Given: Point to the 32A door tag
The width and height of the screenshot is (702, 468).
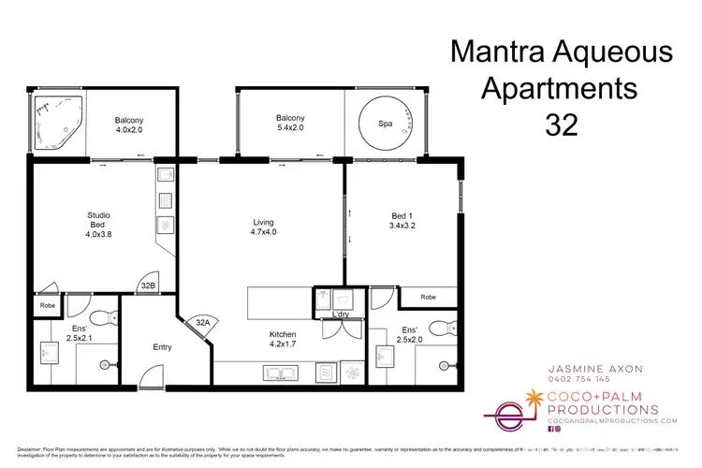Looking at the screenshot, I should coord(203,322).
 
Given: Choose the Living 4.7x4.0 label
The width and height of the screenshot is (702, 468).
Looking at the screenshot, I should coord(264,227).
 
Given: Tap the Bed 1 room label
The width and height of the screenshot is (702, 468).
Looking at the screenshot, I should coord(403,222).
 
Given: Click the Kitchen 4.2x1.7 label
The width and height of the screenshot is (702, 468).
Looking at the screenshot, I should coord(282,340).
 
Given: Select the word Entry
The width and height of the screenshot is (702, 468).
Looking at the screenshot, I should coord(163,347).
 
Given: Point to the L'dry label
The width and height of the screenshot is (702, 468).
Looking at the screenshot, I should coord(341,314).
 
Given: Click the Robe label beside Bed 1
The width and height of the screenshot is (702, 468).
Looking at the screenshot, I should coord(428,297).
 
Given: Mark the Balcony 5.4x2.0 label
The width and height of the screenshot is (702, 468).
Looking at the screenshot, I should coord(289,124).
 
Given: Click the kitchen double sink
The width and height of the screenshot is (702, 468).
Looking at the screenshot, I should coord(279,373).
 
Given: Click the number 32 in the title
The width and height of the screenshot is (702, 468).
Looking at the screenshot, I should coord(561,125).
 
